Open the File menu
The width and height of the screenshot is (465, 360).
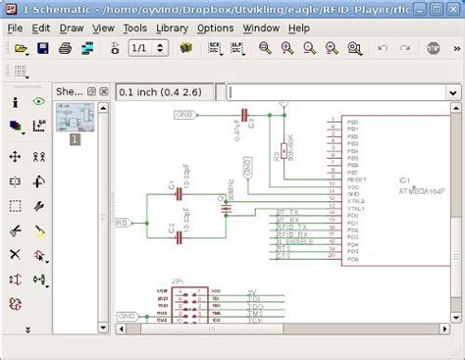pyautogui.click(x=16, y=27)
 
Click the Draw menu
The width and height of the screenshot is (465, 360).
pyautogui.click(x=72, y=27)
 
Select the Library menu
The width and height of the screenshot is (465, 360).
pyautogui.click(x=172, y=27)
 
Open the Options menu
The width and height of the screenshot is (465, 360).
pyautogui.click(x=215, y=27)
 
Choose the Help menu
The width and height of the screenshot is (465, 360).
pyautogui.click(x=299, y=27)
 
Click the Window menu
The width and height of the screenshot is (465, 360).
pyautogui.click(x=261, y=27)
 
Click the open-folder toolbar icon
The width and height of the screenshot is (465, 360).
pyautogui.click(x=21, y=48)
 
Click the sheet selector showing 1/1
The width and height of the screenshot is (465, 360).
pyautogui.click(x=140, y=48)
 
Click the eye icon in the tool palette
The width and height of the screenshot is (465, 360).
pyautogui.click(x=39, y=100)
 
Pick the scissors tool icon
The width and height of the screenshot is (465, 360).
pyautogui.click(x=16, y=231)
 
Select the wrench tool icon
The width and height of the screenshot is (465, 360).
pyautogui.click(x=39, y=206)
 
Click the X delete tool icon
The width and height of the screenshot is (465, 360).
pyautogui.click(x=16, y=255)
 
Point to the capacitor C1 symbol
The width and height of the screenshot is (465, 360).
pyautogui.click(x=180, y=194)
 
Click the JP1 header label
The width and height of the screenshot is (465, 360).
pyautogui.click(x=178, y=281)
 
